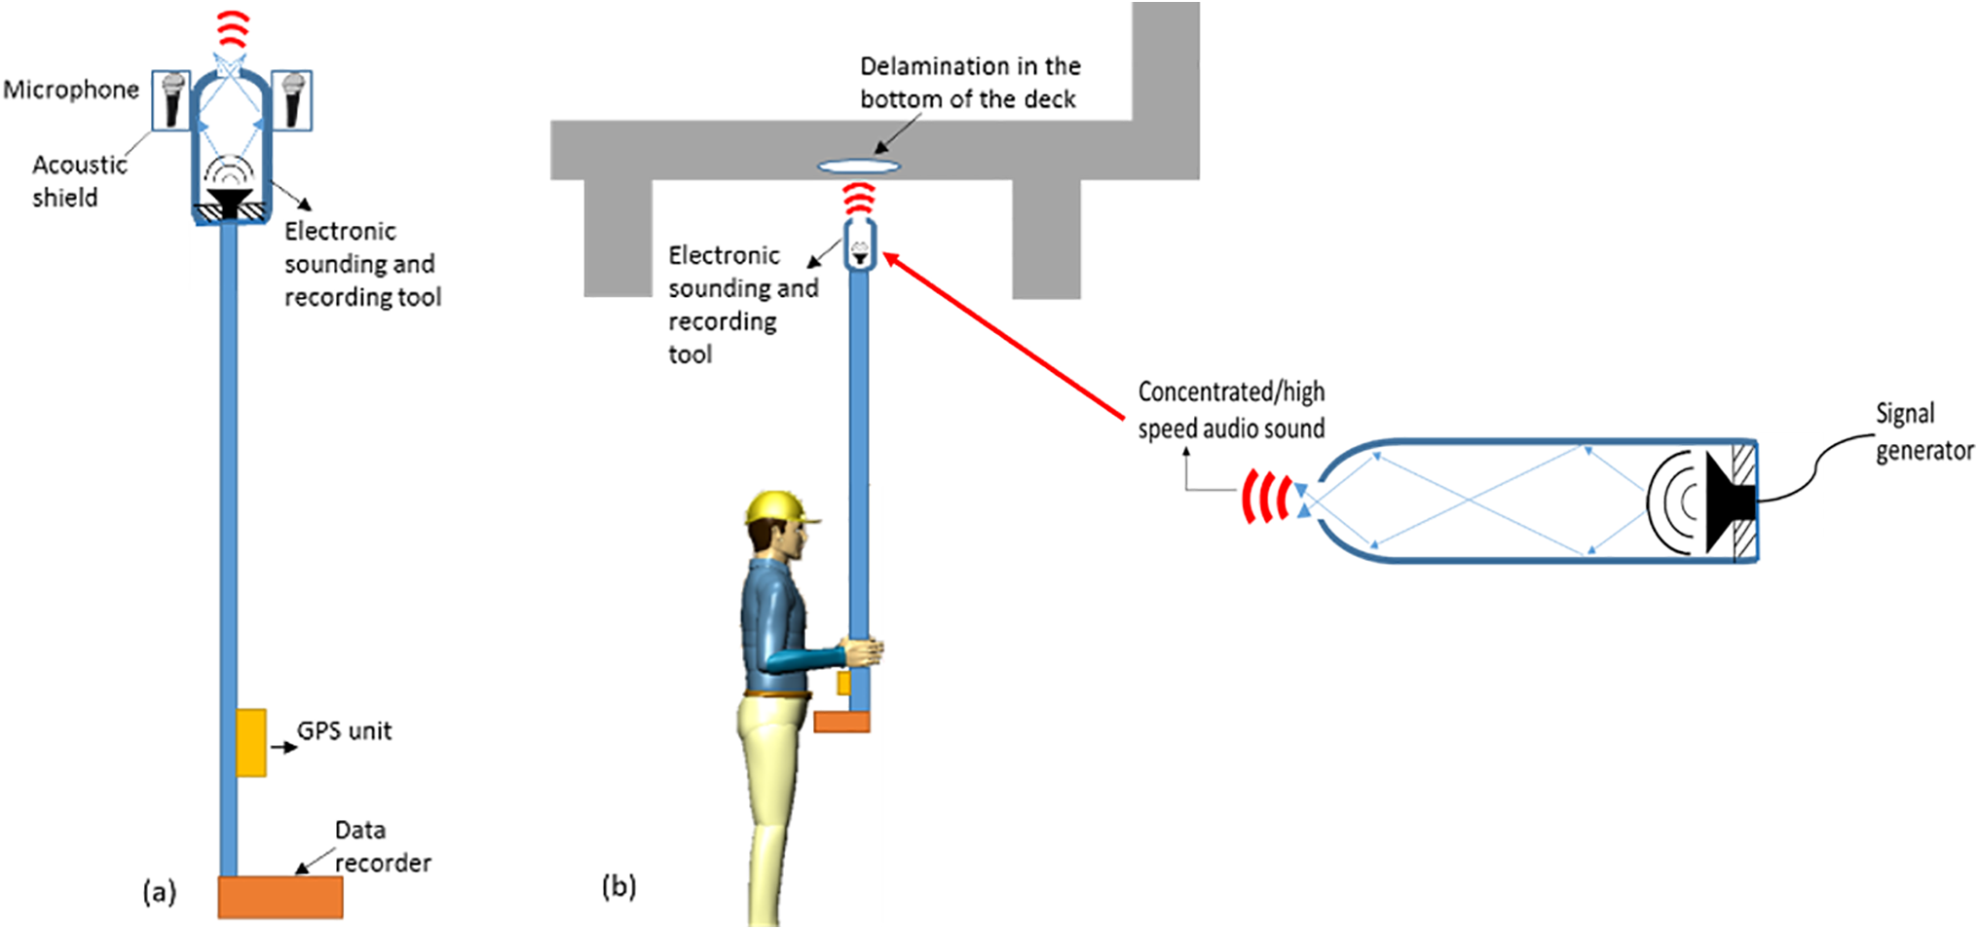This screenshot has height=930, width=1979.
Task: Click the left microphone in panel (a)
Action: pyautogui.click(x=172, y=100)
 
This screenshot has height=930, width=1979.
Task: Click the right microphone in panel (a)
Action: pyautogui.click(x=292, y=100)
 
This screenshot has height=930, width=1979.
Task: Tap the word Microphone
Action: pyautogui.click(x=71, y=90)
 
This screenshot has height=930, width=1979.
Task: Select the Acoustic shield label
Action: pyautogui.click(x=78, y=181)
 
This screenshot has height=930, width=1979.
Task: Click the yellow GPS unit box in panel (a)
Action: pyautogui.click(x=251, y=742)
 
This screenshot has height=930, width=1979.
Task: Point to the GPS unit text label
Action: pyautogui.click(x=344, y=731)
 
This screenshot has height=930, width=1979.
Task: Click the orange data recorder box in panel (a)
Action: pyautogui.click(x=280, y=897)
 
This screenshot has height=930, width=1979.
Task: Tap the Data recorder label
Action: pyautogui.click(x=381, y=846)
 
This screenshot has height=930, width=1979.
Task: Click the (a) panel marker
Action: pyautogui.click(x=159, y=892)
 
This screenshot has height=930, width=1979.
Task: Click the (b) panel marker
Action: pyautogui.click(x=618, y=886)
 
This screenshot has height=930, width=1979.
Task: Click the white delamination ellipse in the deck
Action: pyautogui.click(x=859, y=167)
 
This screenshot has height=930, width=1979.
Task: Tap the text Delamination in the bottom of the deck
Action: pyautogui.click(x=969, y=83)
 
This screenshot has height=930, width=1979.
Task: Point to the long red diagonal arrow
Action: pyautogui.click(x=1003, y=337)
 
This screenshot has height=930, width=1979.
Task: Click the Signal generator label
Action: pyautogui.click(x=1923, y=431)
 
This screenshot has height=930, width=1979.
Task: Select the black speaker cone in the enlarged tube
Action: pyautogui.click(x=1728, y=501)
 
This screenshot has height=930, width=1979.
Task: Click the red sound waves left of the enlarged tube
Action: pyautogui.click(x=1266, y=498)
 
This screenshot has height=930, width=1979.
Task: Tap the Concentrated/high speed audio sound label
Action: pyautogui.click(x=1231, y=410)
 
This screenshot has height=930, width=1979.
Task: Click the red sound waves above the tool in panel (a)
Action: pyautogui.click(x=233, y=30)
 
